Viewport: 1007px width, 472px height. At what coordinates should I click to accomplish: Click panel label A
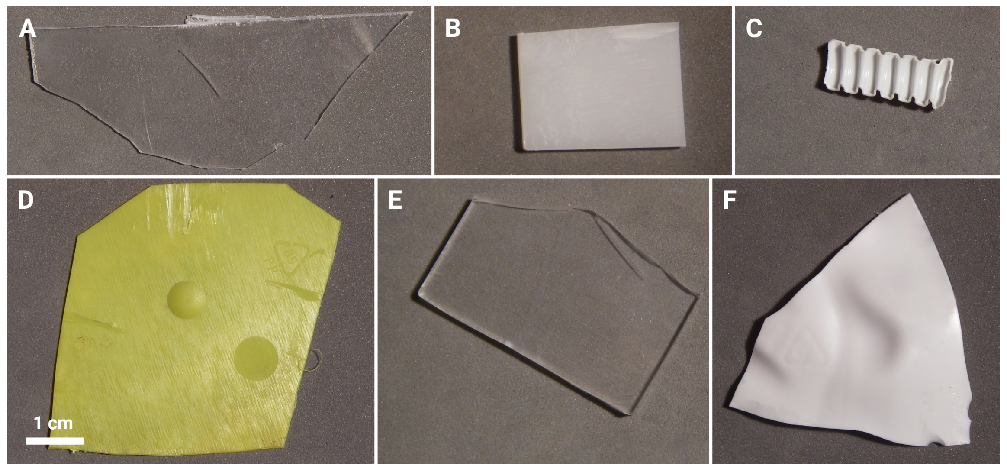(x=27, y=29)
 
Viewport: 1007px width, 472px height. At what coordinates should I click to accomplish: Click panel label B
(x=453, y=29)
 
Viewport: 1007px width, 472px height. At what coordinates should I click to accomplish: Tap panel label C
(x=754, y=29)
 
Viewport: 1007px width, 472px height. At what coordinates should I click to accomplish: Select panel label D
(x=26, y=200)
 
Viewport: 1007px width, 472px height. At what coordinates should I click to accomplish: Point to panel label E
(x=395, y=200)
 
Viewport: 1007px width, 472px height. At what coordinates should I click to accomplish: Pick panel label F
(x=730, y=200)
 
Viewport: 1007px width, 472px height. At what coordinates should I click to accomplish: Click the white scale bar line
(x=55, y=441)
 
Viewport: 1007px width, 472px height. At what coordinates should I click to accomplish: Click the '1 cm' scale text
(x=53, y=423)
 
